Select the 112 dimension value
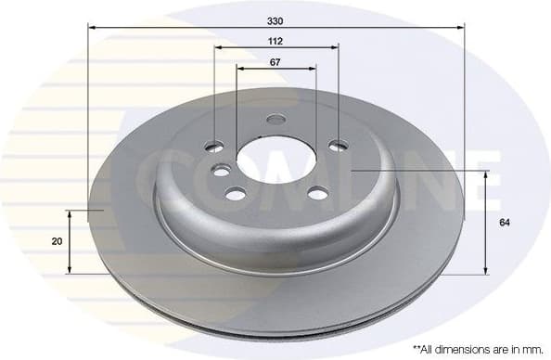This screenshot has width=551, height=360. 275,41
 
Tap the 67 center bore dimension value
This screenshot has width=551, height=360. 275,61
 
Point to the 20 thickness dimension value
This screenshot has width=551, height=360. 58,241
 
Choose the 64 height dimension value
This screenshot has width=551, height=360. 504,223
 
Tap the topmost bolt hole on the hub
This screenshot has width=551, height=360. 275,119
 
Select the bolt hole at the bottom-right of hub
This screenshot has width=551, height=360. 317,193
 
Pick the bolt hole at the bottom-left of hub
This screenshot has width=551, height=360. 236,193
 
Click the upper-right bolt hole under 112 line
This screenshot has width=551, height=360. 339,145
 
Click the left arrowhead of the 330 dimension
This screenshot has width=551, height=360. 92,28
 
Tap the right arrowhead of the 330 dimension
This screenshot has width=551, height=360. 460,28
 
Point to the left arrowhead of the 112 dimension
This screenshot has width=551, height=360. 218,48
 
